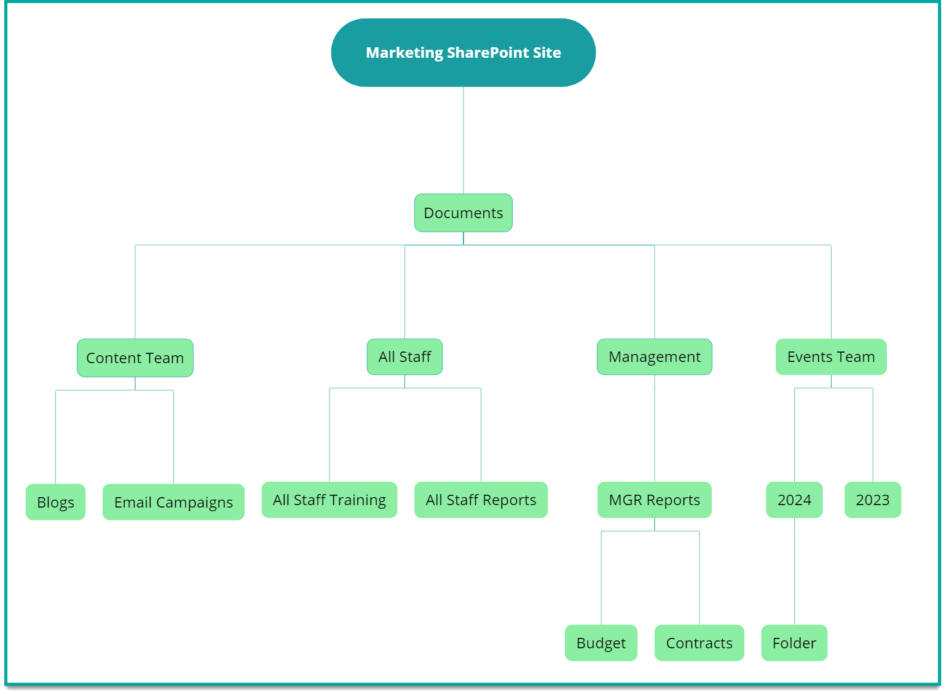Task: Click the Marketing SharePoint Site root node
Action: point(463,53)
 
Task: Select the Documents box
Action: point(463,213)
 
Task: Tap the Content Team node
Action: point(135,358)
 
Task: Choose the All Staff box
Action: point(404,357)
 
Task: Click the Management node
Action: point(654,357)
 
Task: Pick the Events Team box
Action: point(830,357)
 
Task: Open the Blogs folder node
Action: point(55,502)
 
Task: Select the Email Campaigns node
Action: point(173,502)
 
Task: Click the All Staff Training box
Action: point(329,500)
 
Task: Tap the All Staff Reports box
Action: point(481,500)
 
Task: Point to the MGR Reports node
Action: point(654,500)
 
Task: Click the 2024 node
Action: point(794,500)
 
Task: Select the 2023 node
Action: point(872,500)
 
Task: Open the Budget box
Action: point(601,643)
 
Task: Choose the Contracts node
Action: point(699,643)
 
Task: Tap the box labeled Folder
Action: point(794,643)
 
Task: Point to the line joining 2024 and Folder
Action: point(794,571)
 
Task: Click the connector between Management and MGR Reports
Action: point(655,428)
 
